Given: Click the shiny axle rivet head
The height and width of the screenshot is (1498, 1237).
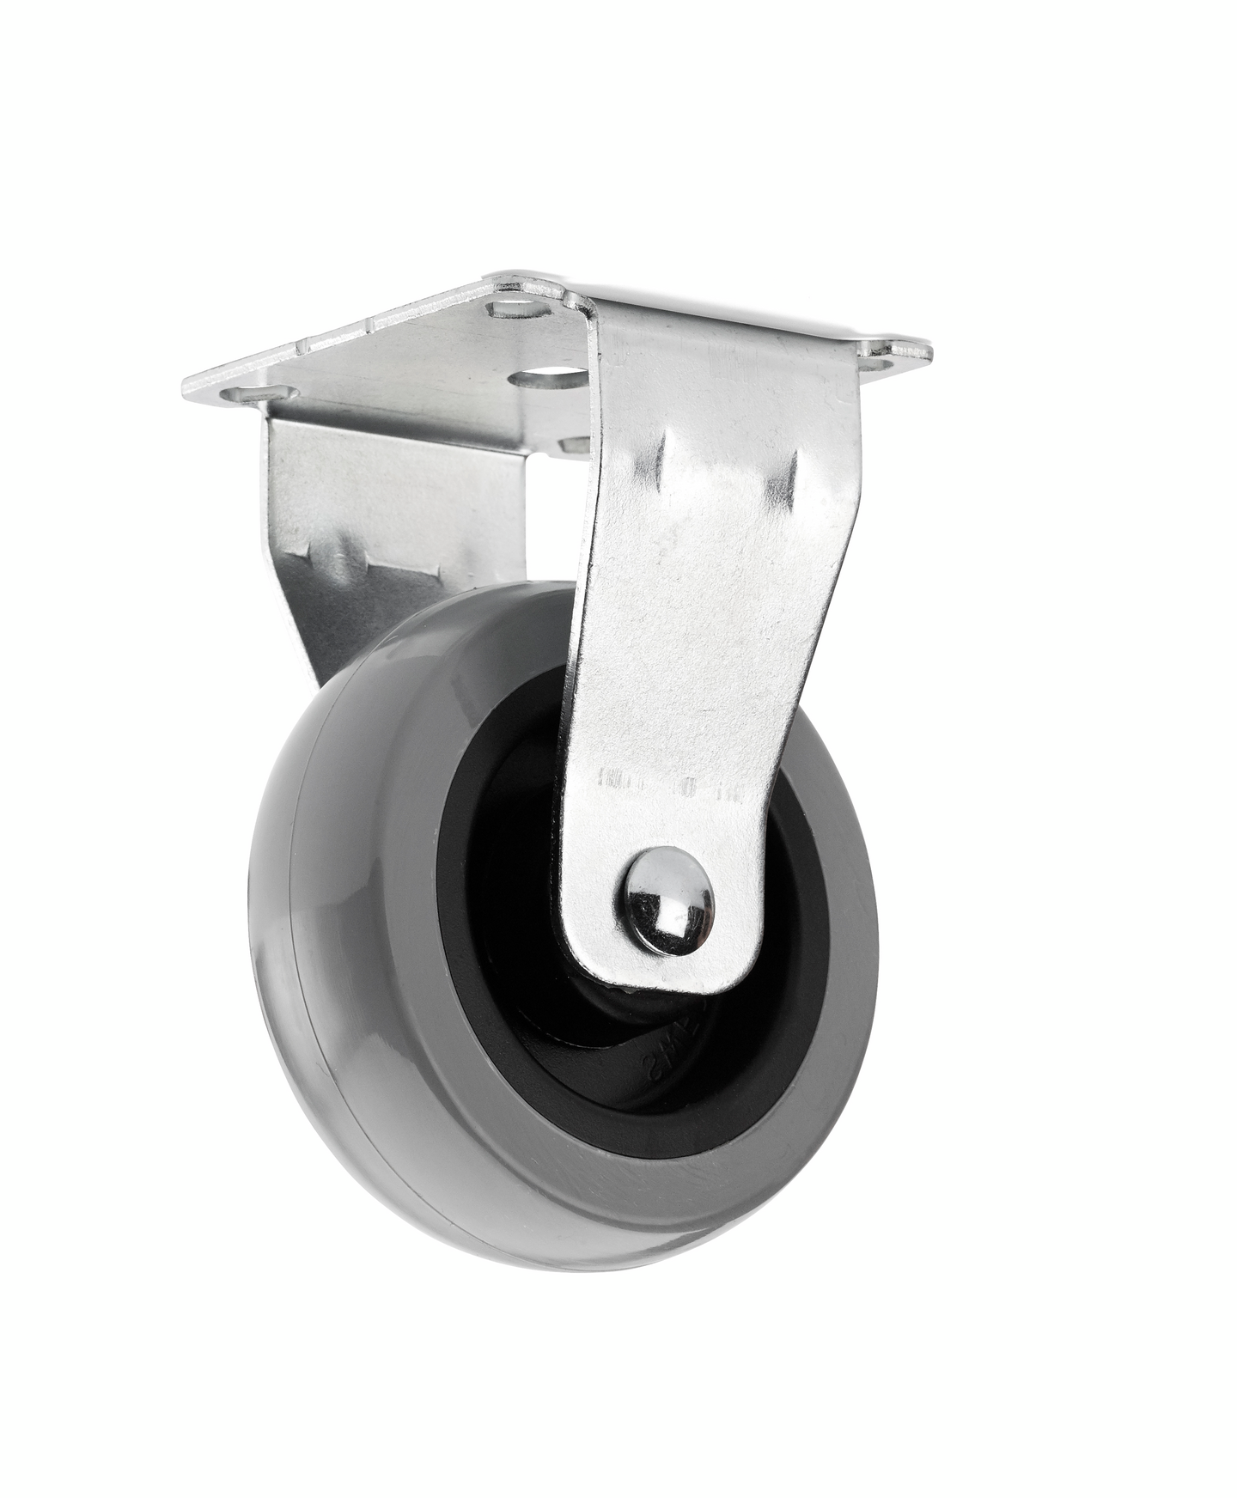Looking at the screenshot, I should [x=669, y=902].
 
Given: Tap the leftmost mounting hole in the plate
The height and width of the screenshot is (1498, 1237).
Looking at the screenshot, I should [x=258, y=394].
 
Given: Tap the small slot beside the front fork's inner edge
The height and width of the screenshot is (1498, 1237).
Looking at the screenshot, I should [x=574, y=444].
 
